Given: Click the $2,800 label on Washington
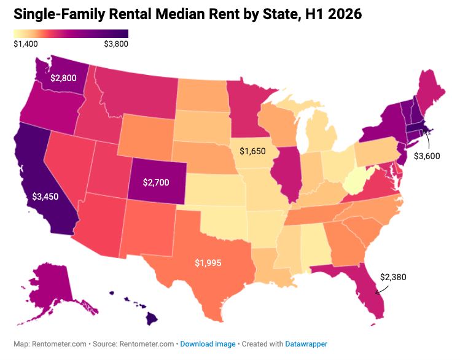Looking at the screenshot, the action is pyautogui.click(x=63, y=78).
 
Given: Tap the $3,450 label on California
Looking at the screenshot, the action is pyautogui.click(x=45, y=197).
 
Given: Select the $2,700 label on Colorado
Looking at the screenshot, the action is pyautogui.click(x=156, y=182).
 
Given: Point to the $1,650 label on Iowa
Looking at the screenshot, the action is pyautogui.click(x=252, y=151).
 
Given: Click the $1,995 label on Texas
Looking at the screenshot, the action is pyautogui.click(x=208, y=263).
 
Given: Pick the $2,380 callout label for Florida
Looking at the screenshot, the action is pyautogui.click(x=393, y=277).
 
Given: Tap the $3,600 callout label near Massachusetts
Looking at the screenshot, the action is pyautogui.click(x=427, y=156).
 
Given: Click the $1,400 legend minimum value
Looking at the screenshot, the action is pyautogui.click(x=26, y=44).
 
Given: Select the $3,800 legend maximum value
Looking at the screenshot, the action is pyautogui.click(x=116, y=44).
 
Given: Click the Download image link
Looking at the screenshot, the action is pyautogui.click(x=208, y=344).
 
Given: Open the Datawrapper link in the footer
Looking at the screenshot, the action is pyautogui.click(x=306, y=344).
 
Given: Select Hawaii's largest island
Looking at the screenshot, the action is pyautogui.click(x=152, y=319).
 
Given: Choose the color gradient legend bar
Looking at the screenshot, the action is pyautogui.click(x=71, y=34).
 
